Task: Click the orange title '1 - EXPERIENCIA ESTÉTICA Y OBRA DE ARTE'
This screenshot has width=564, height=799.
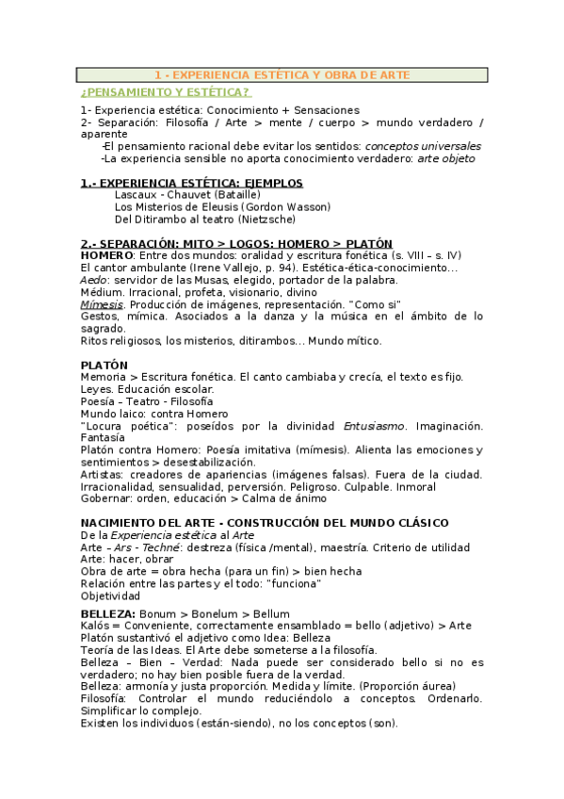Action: coord(282,74)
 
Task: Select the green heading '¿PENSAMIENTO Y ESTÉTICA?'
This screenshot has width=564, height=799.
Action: coord(166,92)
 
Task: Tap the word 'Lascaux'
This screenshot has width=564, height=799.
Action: coord(135,194)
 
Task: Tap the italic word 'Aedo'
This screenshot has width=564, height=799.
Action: coord(93,280)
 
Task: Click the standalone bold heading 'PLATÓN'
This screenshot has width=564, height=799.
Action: coord(105,365)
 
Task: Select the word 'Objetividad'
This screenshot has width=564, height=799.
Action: coord(110,596)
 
